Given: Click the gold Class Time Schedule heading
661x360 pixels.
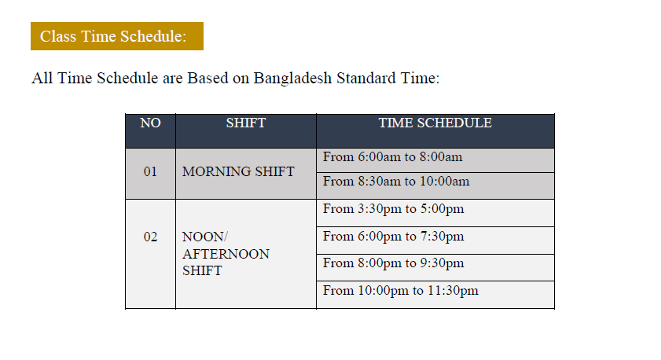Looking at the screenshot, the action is coord(117,36).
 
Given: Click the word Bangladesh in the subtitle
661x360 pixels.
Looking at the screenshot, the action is coord(292,79).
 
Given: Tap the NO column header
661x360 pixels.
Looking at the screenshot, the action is coord(150,123).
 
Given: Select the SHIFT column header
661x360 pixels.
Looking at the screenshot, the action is coord(246,123).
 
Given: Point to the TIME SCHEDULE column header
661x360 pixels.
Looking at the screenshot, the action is coord(435,123).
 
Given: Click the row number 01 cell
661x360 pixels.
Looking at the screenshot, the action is coord(150,171).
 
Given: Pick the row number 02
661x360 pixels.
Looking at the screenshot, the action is coord(150,237).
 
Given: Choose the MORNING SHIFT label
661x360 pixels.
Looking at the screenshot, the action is coord(238,171).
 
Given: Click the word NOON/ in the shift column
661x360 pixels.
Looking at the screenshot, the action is coord(205,237).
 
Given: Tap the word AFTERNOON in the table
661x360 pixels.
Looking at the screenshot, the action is coord(226,254).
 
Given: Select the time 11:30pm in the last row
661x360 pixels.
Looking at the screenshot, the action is coord(454,292).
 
